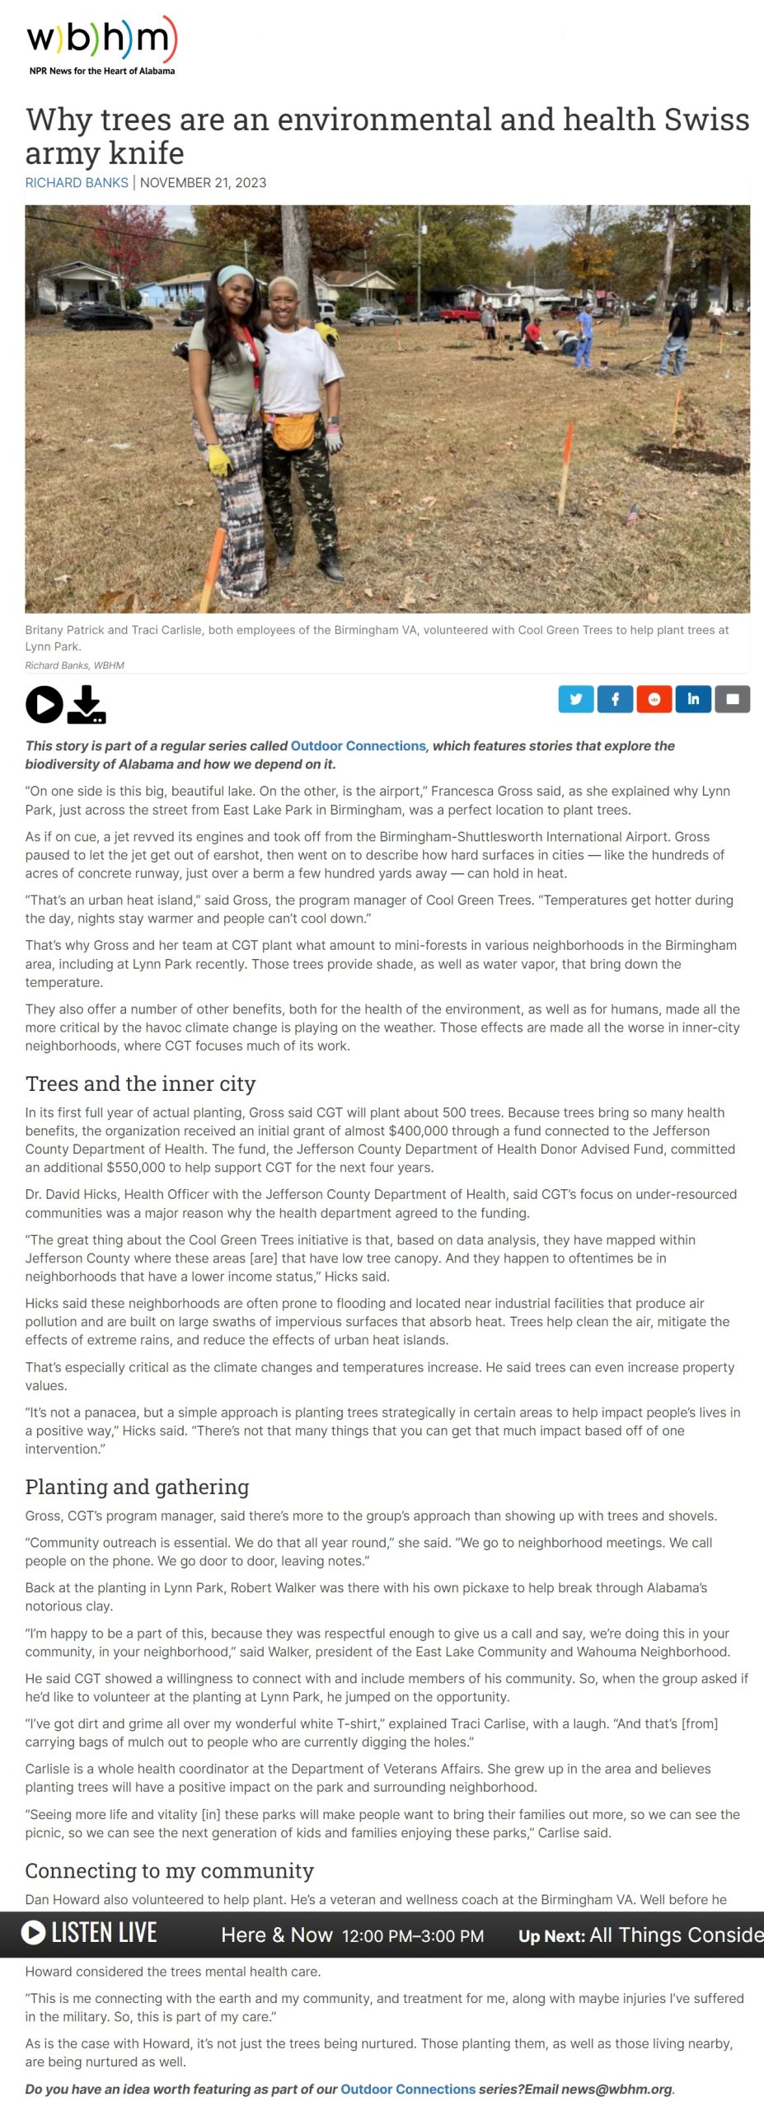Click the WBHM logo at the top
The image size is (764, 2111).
pyautogui.click(x=101, y=45)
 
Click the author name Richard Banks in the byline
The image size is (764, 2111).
pyautogui.click(x=77, y=182)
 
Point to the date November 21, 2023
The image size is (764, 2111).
pyautogui.click(x=203, y=182)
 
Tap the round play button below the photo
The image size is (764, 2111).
pyautogui.click(x=44, y=704)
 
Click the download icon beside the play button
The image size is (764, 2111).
pyautogui.click(x=87, y=705)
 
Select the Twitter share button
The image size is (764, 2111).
pyautogui.click(x=575, y=699)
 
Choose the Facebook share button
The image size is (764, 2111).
pyautogui.click(x=615, y=699)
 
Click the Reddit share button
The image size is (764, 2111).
pyautogui.click(x=654, y=699)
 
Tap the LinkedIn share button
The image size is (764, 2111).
pyautogui.click(x=693, y=699)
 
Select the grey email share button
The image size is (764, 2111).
pyautogui.click(x=732, y=699)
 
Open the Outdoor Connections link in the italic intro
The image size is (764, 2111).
pyautogui.click(x=358, y=745)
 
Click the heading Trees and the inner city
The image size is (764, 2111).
pyautogui.click(x=140, y=1083)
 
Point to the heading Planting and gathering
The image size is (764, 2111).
pyautogui.click(x=137, y=1486)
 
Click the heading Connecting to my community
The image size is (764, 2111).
pyautogui.click(x=169, y=1870)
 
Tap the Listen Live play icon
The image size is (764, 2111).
pyautogui.click(x=33, y=1933)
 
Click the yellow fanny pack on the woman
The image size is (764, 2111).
pyautogui.click(x=293, y=430)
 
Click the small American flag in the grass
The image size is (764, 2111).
pyautogui.click(x=632, y=514)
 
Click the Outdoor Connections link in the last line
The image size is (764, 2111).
pyautogui.click(x=408, y=2089)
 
